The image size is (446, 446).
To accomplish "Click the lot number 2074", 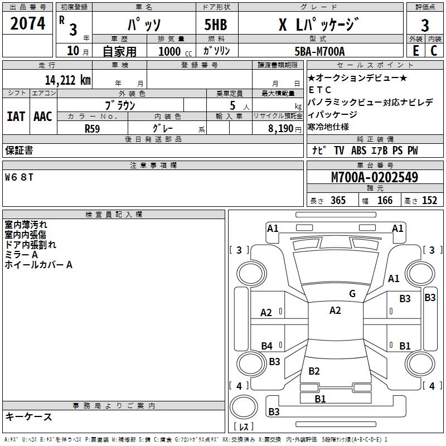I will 28,24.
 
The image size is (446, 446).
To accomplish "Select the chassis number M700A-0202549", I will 375,178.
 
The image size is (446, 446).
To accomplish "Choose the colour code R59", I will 93,128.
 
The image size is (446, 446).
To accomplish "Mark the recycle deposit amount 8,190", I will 280,128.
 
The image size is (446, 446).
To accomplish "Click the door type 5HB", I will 215,25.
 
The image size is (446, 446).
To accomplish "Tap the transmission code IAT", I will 16,117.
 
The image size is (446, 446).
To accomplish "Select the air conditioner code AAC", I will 43,117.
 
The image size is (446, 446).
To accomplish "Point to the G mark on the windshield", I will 352,294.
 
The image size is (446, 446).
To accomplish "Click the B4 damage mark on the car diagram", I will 266,346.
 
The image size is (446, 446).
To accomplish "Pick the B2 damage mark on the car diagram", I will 314,371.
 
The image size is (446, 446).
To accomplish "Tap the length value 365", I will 337,201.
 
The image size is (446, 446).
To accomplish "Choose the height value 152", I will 429,201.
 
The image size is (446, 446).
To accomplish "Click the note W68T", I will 20,178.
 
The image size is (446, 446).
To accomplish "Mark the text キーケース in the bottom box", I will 29,417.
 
